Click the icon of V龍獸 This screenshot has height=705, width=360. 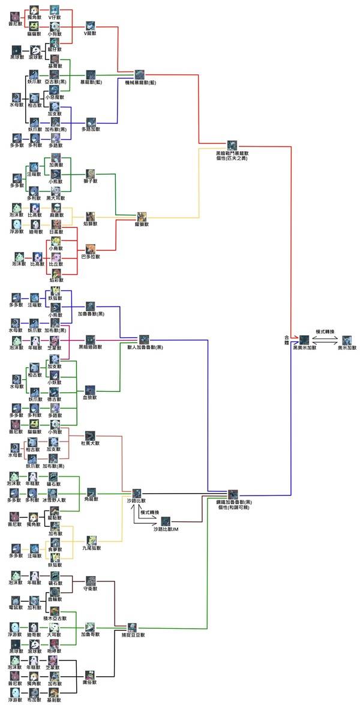tap(90, 25)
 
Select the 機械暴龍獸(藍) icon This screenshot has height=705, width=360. tap(139, 73)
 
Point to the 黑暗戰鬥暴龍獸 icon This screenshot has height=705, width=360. tap(232, 145)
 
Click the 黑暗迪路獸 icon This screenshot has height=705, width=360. tap(91, 339)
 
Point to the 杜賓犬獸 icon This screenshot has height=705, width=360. tap(90, 436)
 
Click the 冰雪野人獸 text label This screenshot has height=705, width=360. tap(55, 500)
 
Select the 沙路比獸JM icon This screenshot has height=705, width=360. tap(165, 521)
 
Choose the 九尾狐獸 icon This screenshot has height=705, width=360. tap(91, 539)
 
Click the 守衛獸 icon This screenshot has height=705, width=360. tap(90, 581)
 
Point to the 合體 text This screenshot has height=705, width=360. tap(286, 340)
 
